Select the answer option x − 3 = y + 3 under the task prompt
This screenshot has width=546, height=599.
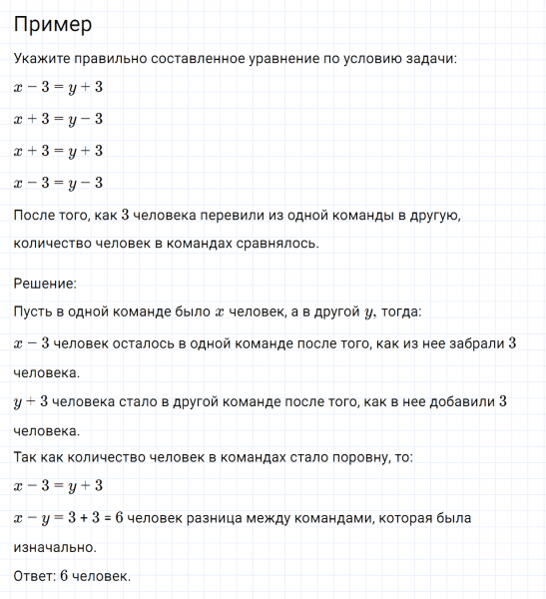coord(58,88)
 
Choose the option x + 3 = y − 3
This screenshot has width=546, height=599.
coord(58,120)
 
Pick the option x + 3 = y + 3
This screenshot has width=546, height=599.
coord(58,151)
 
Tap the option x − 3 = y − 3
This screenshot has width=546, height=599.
coord(58,183)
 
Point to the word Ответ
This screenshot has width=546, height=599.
coord(33,576)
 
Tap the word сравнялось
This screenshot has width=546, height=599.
coord(276,244)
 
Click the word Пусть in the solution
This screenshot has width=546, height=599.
coord(34,312)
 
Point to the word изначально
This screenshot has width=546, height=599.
coord(54,548)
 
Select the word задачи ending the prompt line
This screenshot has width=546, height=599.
coord(430,59)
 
